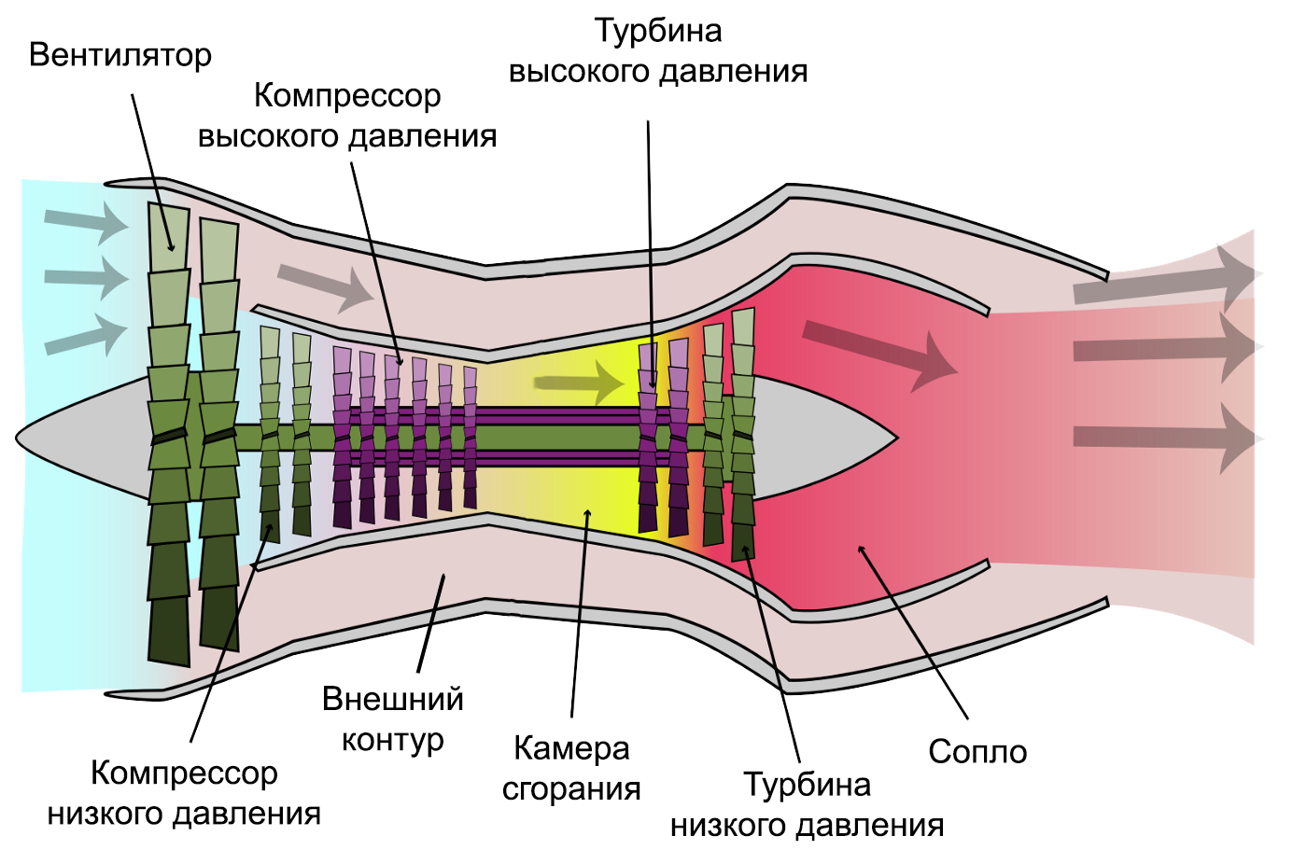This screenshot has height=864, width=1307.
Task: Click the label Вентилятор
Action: click(x=120, y=56)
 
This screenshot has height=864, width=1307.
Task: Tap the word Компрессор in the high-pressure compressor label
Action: click(x=347, y=96)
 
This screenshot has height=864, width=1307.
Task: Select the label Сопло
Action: click(x=977, y=752)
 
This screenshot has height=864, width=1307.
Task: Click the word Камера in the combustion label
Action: click(x=571, y=748)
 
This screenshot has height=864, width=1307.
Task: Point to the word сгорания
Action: click(x=571, y=789)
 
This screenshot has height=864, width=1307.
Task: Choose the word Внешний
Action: click(x=392, y=699)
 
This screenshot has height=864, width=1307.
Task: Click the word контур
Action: click(x=392, y=740)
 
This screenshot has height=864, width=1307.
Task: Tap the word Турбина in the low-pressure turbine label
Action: click(x=807, y=785)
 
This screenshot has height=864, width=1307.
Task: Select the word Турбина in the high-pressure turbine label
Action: click(x=658, y=31)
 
